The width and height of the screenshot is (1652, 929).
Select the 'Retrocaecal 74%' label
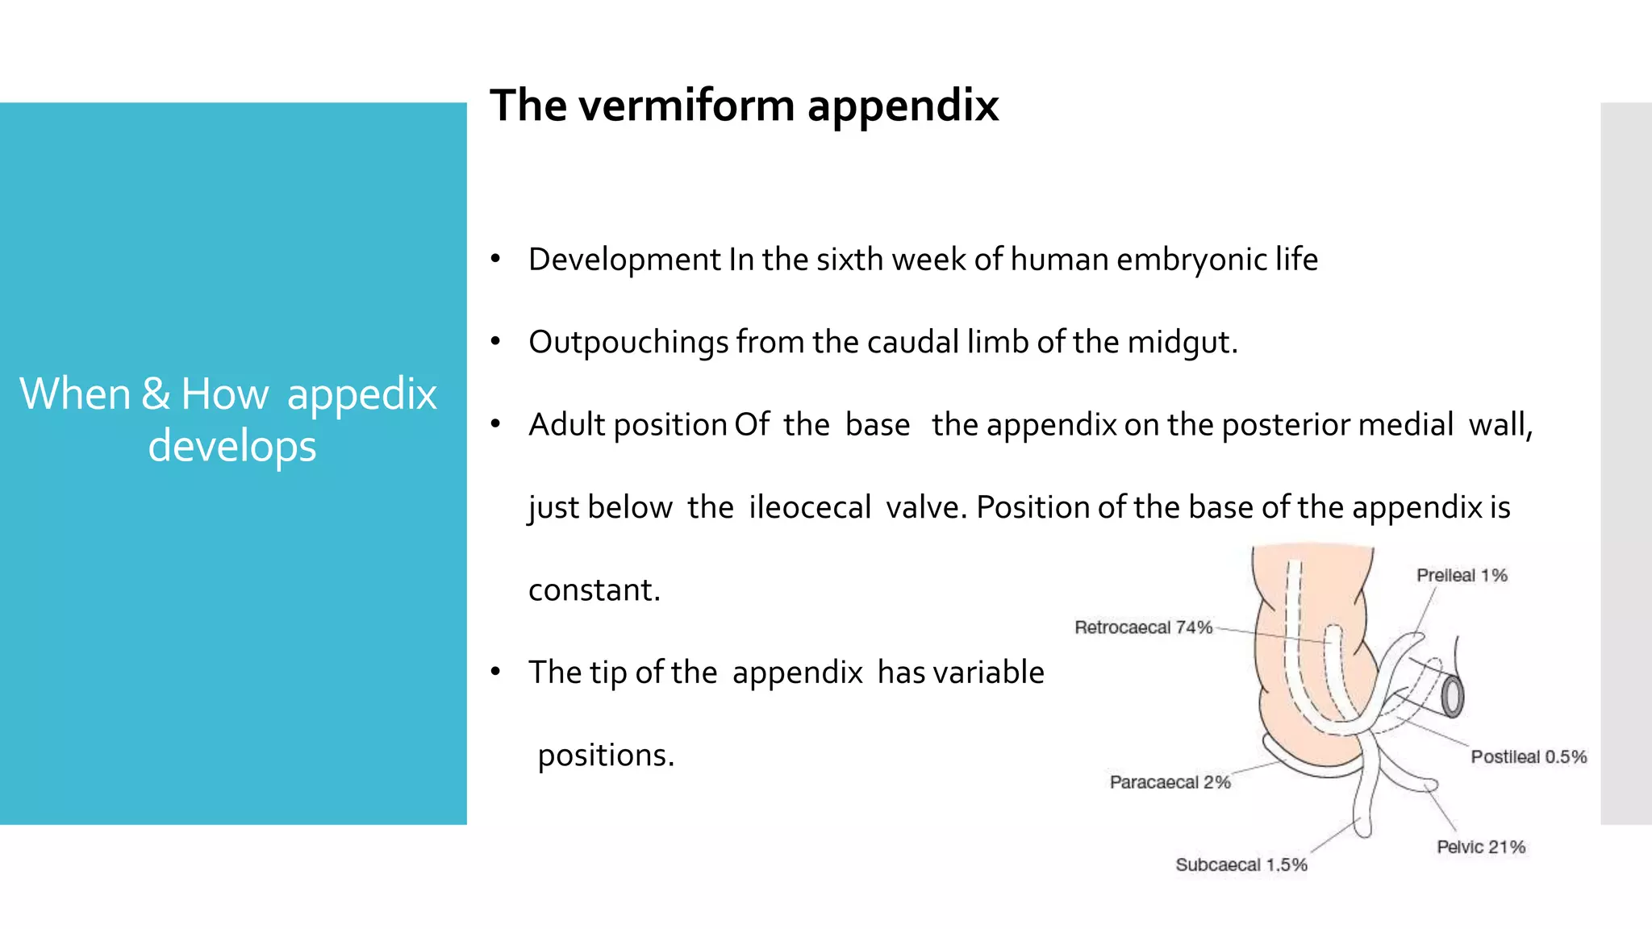pos(1143,627)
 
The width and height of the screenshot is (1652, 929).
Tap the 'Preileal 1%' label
pos(1462,575)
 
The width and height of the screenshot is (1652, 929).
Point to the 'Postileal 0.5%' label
pos(1528,756)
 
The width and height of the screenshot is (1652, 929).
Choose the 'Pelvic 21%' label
pos(1480,847)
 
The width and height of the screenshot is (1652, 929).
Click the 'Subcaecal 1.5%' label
pos(1241,864)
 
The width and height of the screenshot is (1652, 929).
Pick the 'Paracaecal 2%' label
pos(1170,781)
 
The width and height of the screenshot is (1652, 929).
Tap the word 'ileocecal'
pos(810,507)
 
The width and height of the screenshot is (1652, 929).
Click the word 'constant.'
pos(594,590)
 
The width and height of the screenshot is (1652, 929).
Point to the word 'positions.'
pos(606,756)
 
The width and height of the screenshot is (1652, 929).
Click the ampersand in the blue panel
pos(156,394)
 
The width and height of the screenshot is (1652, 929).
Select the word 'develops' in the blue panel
pos(232,447)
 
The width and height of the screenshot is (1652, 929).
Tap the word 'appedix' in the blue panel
pos(361,394)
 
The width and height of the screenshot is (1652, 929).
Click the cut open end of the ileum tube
pos(1452,696)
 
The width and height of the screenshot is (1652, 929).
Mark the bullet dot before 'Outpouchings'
pos(496,342)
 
